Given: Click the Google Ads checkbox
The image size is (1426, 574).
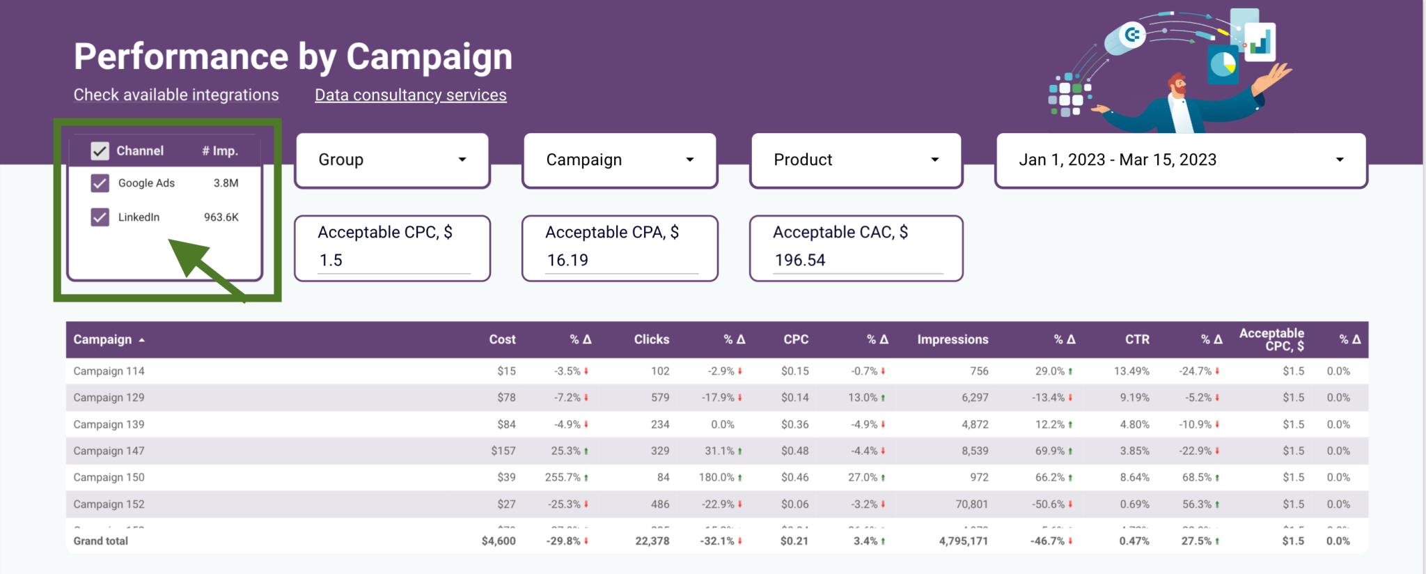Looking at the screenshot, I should [100, 183].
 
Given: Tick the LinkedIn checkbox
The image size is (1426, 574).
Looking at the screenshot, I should [100, 217].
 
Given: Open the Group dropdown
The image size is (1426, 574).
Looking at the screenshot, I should [393, 160].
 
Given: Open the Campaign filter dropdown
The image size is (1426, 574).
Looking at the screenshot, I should [620, 160].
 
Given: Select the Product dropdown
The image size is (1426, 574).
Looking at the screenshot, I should [856, 160].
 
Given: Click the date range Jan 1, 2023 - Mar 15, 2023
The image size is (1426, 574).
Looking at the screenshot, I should [1181, 160].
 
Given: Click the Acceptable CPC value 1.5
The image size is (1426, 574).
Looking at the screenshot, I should [331, 261].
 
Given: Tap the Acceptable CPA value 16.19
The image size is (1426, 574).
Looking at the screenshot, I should [567, 261].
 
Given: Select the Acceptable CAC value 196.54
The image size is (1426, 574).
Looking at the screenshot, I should [800, 261].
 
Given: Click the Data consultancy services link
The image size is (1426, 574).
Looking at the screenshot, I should [410, 95].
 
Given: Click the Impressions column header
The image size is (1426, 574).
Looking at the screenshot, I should [952, 340].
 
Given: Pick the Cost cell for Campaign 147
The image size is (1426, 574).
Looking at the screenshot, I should [503, 451].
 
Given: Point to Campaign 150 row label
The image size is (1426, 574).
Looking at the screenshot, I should [109, 478].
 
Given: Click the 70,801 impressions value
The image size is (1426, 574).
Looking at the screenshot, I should [971, 504].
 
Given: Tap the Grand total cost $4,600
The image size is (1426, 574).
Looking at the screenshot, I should [499, 541].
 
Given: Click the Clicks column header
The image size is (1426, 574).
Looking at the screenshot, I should [651, 340].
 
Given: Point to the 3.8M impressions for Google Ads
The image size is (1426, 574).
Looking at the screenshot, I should [226, 183].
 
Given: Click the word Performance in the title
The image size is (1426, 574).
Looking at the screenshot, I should [181, 57].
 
